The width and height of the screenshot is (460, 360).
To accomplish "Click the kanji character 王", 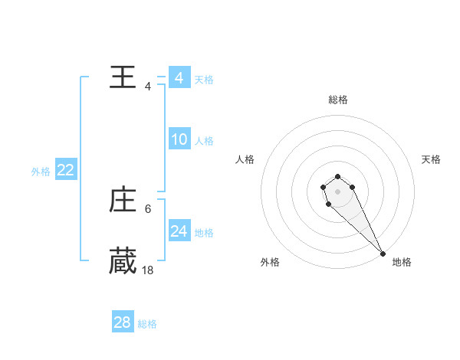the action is tap(123, 77).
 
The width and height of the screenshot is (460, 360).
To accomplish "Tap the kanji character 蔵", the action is tap(123, 261).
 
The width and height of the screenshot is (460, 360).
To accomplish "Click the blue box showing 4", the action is tap(179, 78).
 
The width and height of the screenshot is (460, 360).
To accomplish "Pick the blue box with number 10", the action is tap(179, 139).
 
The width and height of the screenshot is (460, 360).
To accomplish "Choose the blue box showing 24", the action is tap(179, 231).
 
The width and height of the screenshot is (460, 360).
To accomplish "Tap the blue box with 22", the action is tap(65, 170).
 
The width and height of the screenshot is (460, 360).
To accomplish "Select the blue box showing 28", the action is tap(122, 322).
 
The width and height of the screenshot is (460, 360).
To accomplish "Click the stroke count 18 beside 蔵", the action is tap(148, 270).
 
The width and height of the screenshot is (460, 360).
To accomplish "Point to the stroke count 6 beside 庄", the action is tap(148, 208).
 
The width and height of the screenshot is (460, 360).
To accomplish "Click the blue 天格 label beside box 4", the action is tap(204, 79).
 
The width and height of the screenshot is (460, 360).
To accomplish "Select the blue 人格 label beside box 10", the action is tap(204, 140).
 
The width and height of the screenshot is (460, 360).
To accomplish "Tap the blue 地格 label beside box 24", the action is tap(204, 232).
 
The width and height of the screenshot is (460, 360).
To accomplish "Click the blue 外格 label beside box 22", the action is tap(41, 172).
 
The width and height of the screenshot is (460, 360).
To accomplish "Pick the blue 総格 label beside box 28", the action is tap(147, 323).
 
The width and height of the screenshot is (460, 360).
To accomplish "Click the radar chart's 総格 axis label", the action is tap(338, 100).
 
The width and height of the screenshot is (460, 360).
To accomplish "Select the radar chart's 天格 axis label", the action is tap(432, 159).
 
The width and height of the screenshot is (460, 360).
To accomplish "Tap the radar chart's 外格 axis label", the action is tap(270, 262).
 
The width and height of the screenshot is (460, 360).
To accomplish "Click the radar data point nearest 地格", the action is tap(383, 253).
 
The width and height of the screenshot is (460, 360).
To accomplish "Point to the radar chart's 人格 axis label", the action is tap(245, 159).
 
